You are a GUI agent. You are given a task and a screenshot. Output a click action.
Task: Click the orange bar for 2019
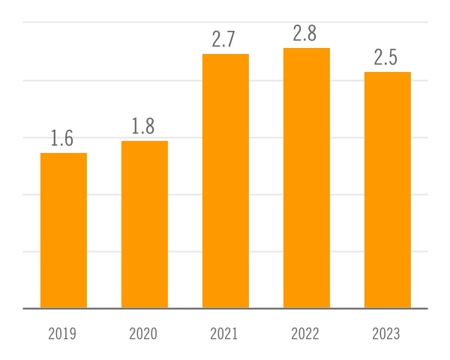[x=64, y=230]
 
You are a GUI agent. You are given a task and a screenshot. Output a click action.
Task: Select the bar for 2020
[x=145, y=224]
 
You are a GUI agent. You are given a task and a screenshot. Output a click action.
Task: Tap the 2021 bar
[x=226, y=181]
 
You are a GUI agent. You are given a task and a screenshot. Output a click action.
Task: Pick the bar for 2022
[x=307, y=178]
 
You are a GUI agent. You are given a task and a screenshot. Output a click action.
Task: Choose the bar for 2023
[x=388, y=190]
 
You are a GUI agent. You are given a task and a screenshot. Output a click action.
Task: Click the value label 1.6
[x=63, y=139]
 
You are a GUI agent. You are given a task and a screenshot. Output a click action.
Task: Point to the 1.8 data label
[x=144, y=127]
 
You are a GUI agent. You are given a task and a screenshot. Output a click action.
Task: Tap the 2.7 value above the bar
[x=225, y=40]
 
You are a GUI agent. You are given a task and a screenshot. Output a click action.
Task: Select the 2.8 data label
[x=306, y=34]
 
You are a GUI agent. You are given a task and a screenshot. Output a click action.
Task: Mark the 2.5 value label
[x=387, y=58]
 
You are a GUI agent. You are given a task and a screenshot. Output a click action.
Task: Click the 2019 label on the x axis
[x=62, y=334]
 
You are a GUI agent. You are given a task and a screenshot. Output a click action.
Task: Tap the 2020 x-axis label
[x=143, y=334]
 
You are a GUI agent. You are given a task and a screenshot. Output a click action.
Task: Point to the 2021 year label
[x=224, y=334]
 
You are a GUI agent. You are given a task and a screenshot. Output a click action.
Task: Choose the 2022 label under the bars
[x=305, y=334]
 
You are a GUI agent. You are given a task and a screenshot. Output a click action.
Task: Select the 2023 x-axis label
[x=386, y=334]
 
